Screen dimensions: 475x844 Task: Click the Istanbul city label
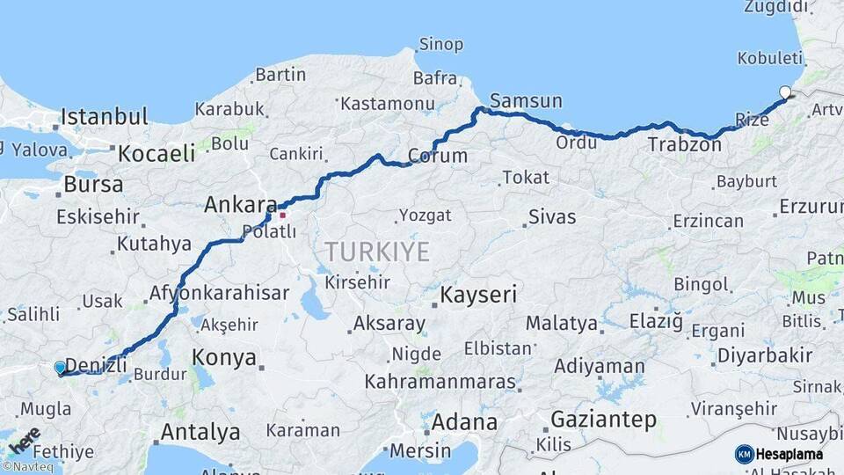(104, 116)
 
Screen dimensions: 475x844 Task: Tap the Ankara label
(240, 205)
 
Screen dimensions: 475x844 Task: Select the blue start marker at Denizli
(60, 368)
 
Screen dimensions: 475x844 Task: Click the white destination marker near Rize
(785, 92)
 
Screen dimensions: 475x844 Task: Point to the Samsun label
(526, 100)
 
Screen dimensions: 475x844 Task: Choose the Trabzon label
(684, 144)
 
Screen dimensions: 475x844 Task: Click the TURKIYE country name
(377, 252)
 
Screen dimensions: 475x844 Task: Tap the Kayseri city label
(478, 294)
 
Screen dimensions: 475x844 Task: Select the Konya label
(224, 358)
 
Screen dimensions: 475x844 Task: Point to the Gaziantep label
(603, 420)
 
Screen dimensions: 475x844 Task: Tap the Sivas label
(552, 216)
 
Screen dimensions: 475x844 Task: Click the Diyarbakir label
(752, 355)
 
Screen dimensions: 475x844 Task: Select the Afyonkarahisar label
(219, 293)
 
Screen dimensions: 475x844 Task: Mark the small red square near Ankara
(282, 214)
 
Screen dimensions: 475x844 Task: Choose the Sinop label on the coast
(440, 44)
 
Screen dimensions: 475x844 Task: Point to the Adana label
(466, 421)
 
